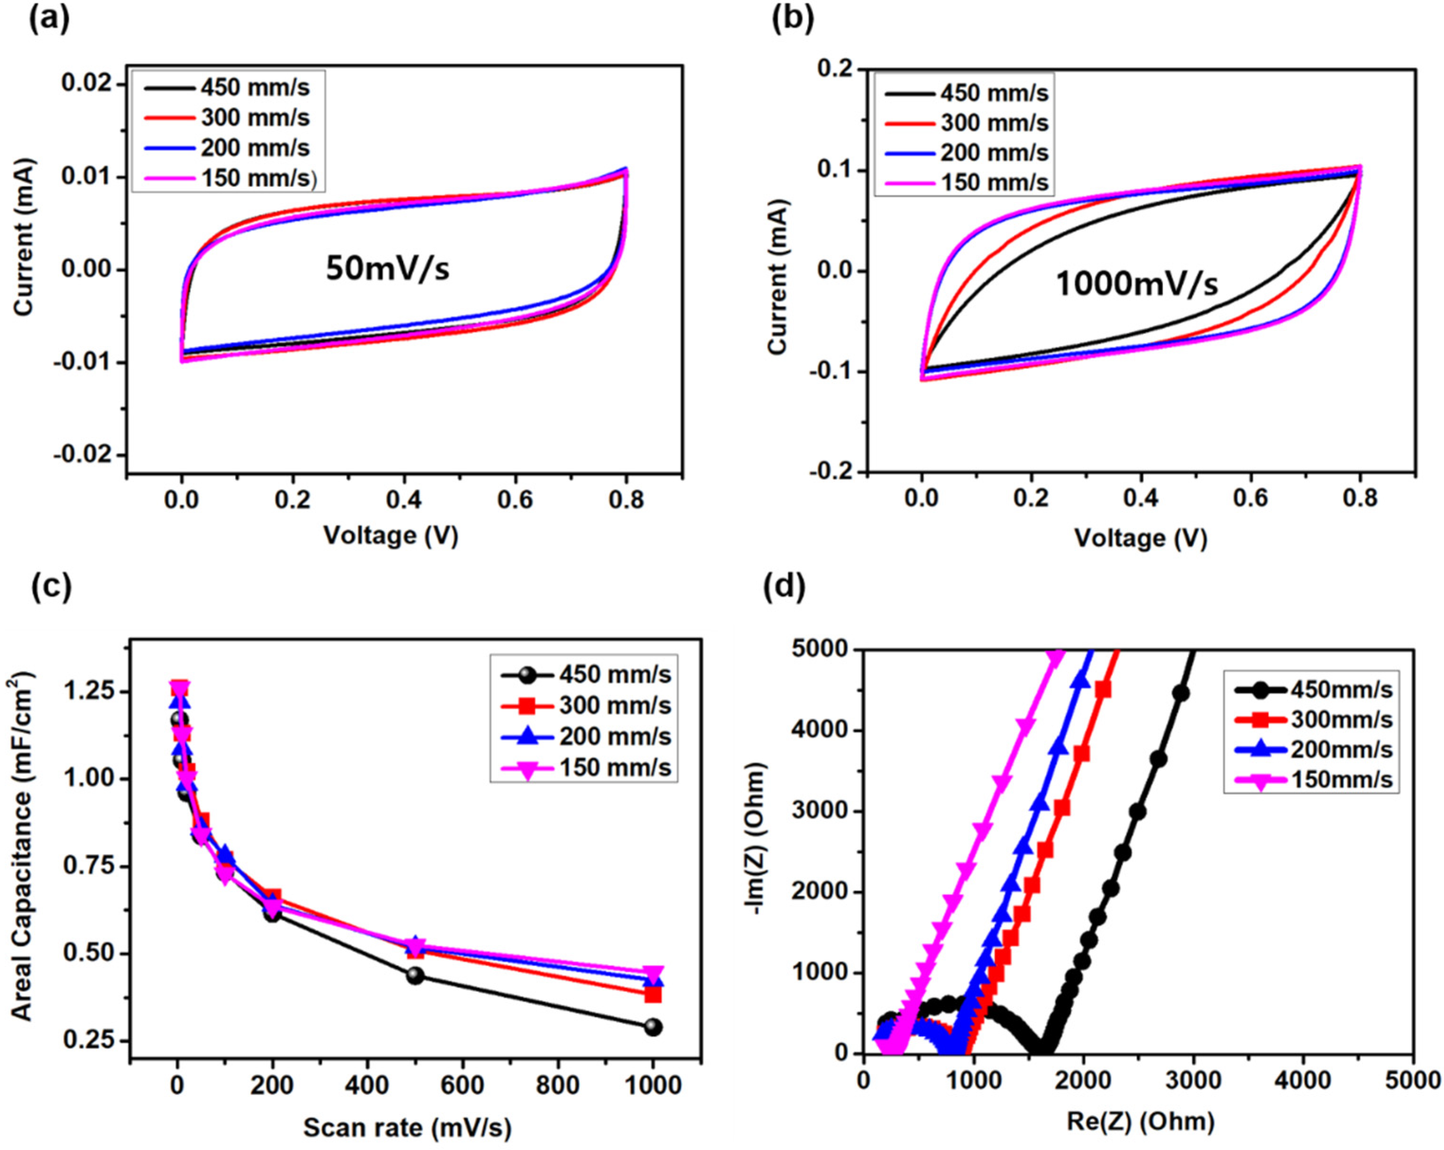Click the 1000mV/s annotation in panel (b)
pyautogui.click(x=1137, y=283)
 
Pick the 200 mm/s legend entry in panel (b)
pyautogui.click(x=994, y=153)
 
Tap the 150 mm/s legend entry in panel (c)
pyautogui.click(x=615, y=767)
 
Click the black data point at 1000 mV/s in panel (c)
pyautogui.click(x=653, y=1027)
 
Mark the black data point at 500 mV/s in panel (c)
pyautogui.click(x=415, y=975)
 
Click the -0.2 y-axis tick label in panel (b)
pyautogui.click(x=832, y=471)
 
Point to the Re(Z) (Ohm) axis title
pyautogui.click(x=1140, y=1121)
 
